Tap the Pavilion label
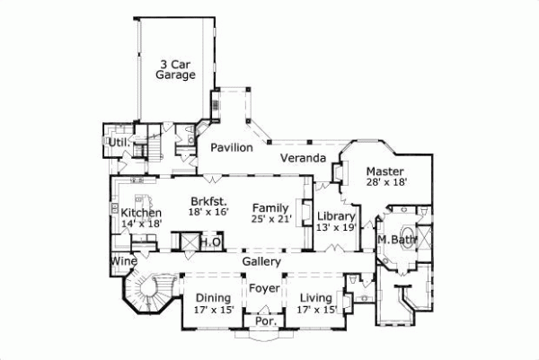coord(231,147)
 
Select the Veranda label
coord(302,158)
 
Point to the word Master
coord(385,171)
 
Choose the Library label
coord(338,216)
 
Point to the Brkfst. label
coord(208,201)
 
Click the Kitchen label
coord(141,213)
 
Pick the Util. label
coord(118,143)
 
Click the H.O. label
coord(210,241)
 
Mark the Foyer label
coord(264,289)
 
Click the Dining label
coord(213,298)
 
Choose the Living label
coord(315,298)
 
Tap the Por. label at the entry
coord(264,320)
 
